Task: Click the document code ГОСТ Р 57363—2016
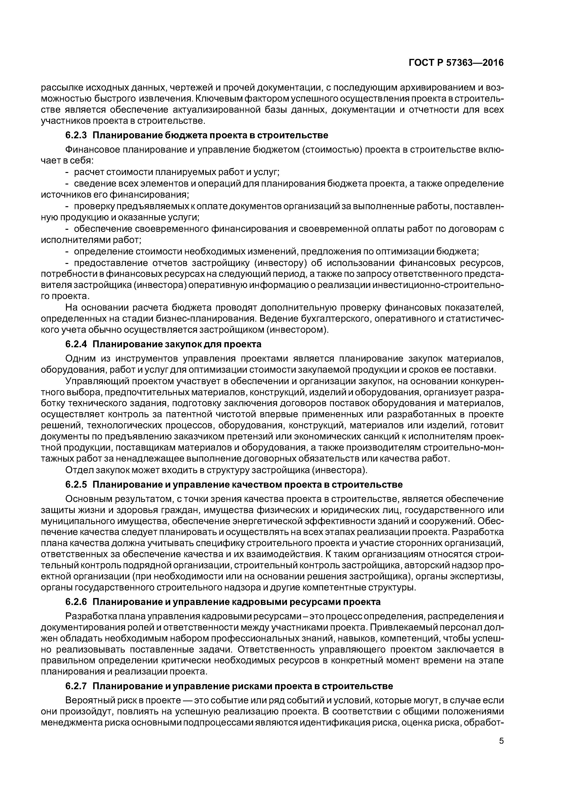tap(456, 63)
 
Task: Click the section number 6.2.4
tap(76, 344)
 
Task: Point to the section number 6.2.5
tap(76, 484)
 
